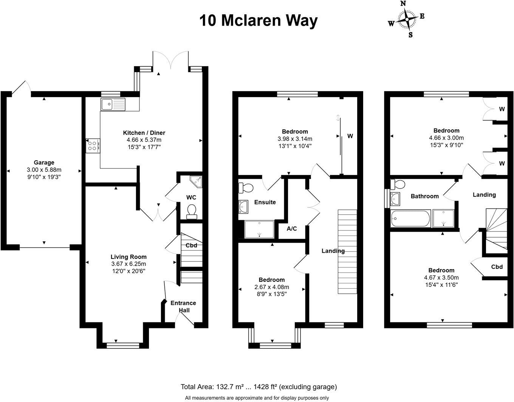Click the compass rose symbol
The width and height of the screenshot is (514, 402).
(406, 19)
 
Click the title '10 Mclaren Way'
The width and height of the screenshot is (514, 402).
(259, 20)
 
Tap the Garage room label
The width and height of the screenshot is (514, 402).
(44, 163)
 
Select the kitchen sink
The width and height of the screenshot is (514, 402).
(113, 104)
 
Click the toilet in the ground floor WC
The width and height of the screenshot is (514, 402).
(192, 212)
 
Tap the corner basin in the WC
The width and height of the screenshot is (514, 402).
(196, 182)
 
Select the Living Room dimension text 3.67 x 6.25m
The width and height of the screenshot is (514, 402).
(128, 264)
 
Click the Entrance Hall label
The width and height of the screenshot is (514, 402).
(183, 306)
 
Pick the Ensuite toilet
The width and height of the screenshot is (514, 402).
(246, 187)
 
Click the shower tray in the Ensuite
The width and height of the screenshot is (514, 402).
(259, 229)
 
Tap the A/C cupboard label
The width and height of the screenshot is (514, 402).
(292, 229)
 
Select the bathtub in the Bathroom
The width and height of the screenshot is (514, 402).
(410, 219)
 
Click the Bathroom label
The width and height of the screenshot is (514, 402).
(425, 196)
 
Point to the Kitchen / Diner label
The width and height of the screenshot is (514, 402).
(144, 133)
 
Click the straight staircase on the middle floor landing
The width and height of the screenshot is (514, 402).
(347, 251)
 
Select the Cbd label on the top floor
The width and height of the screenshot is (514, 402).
(497, 267)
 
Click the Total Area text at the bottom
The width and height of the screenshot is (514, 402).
(259, 387)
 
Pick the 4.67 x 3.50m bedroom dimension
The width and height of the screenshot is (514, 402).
(441, 277)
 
